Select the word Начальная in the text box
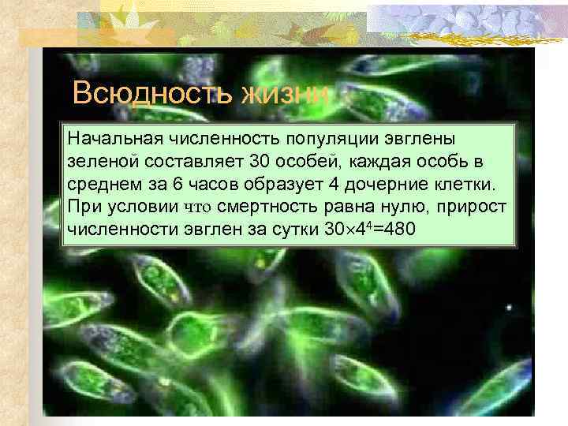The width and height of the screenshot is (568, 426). (x=110, y=139)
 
